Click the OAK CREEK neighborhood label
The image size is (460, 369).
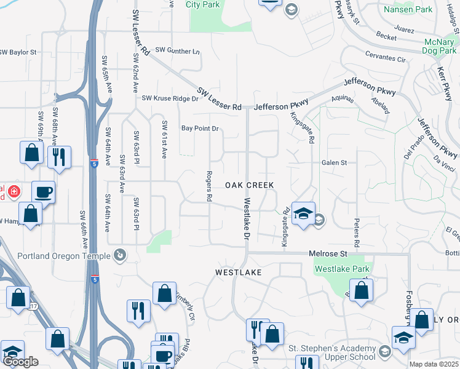[x=248, y=185]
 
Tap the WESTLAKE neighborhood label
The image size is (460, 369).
[x=238, y=272]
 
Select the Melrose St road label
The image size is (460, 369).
[x=328, y=253]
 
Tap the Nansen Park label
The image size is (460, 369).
[x=408, y=9]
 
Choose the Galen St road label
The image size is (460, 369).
[x=334, y=163]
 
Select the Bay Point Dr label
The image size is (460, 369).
[x=200, y=129]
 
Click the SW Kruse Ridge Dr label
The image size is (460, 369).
[x=170, y=98]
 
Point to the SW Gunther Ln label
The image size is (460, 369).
[x=178, y=50]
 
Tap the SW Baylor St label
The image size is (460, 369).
[x=22, y=52]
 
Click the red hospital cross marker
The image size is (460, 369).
[x=14, y=192]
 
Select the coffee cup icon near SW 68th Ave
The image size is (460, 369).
[x=43, y=192]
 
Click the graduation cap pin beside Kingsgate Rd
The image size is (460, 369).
[x=303, y=213]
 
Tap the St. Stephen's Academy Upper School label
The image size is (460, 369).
[x=332, y=352]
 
